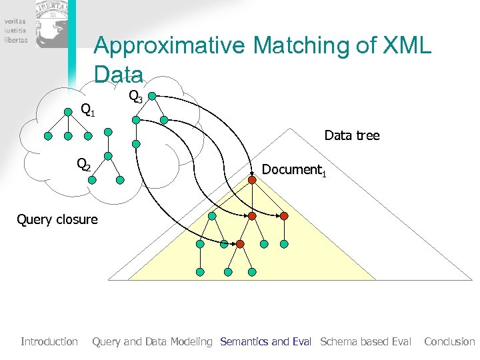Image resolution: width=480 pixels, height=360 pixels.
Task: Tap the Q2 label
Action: coord(83,164)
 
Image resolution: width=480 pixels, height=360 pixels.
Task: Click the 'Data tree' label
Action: coord(351,135)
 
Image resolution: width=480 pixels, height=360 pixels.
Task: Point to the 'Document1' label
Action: coord(294,170)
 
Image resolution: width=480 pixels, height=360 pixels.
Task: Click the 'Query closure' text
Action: coord(57,219)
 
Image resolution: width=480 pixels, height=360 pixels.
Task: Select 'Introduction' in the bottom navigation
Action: coord(49,341)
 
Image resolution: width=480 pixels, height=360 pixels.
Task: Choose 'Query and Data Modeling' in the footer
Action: coord(152,341)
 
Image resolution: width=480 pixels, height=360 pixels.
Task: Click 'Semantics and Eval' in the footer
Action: coord(265,341)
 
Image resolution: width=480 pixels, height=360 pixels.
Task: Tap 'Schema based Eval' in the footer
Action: coord(365,341)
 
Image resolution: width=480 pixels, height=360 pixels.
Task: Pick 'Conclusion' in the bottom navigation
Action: coord(449,341)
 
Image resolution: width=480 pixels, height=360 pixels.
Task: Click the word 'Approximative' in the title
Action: coord(170,46)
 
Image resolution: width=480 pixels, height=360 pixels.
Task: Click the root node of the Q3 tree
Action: coord(152,96)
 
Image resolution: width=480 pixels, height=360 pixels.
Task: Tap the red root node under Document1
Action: coord(253,179)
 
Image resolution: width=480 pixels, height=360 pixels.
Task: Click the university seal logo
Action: coord(52,24)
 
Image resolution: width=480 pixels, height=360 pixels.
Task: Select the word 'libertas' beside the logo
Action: coord(15,39)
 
